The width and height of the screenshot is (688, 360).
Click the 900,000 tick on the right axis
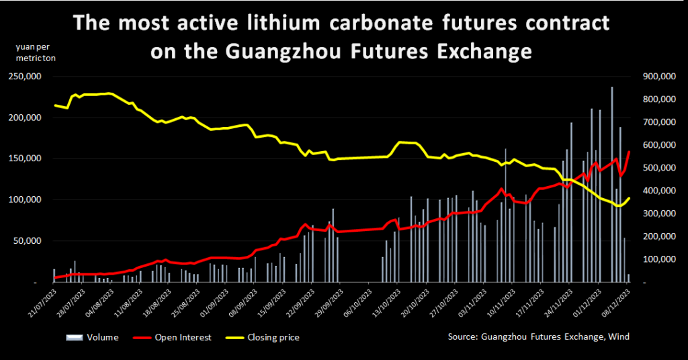(x=658, y=77)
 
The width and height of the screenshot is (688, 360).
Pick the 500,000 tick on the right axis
(x=658, y=168)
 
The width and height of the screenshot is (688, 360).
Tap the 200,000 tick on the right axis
(x=658, y=236)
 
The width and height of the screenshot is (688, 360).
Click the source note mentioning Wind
(x=539, y=337)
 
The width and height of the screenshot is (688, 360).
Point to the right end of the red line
(x=630, y=152)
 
